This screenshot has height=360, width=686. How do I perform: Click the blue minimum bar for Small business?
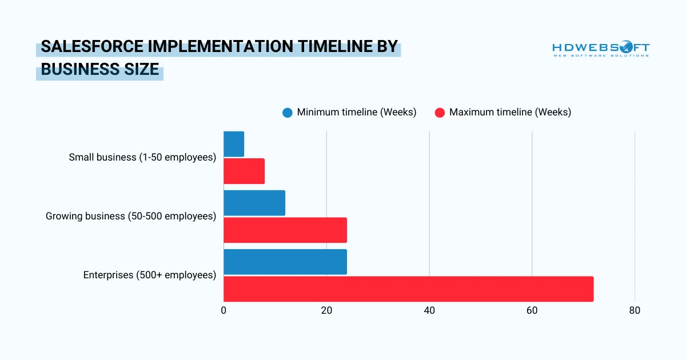click(x=234, y=144)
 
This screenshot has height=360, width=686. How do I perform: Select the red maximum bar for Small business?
click(x=244, y=171)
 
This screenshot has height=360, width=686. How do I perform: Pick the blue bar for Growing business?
click(x=254, y=203)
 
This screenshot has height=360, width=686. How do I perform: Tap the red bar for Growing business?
click(x=285, y=230)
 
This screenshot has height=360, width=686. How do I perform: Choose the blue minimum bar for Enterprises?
click(x=285, y=262)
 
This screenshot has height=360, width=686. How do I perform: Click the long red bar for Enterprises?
click(x=408, y=289)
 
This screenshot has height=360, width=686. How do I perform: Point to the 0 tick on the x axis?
click(x=224, y=311)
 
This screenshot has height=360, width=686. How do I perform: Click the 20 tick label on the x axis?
click(x=326, y=311)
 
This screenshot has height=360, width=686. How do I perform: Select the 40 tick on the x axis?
click(x=429, y=311)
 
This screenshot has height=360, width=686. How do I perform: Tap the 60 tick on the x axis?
click(x=532, y=311)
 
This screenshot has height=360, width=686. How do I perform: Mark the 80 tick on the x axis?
click(x=635, y=311)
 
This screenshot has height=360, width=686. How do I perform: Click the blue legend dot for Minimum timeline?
click(x=288, y=113)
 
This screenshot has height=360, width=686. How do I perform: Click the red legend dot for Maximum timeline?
click(x=440, y=113)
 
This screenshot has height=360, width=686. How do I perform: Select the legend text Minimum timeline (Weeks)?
click(x=357, y=112)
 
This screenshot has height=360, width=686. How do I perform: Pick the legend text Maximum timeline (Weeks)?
click(x=510, y=112)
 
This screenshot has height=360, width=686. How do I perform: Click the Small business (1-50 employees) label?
click(x=142, y=157)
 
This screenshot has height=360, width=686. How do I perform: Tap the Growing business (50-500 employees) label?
click(x=131, y=216)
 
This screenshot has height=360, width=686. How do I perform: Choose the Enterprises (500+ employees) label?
click(x=150, y=275)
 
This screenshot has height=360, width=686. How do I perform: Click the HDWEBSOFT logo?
click(x=601, y=49)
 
